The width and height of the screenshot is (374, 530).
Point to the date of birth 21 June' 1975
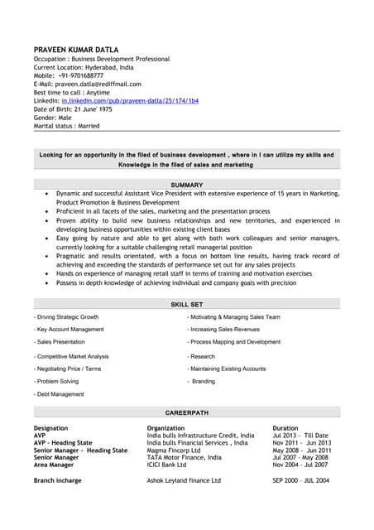pyautogui.click(x=90, y=109)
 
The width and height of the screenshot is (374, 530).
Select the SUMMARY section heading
pyautogui.click(x=186, y=184)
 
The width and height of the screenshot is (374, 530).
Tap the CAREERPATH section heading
pyautogui.click(x=186, y=412)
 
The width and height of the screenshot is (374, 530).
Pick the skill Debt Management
pyautogui.click(x=60, y=394)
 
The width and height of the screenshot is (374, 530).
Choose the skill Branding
pyautogui.click(x=204, y=382)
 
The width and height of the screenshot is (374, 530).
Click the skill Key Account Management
pyautogui.click(x=70, y=330)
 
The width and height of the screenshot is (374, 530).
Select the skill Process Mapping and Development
pyautogui.click(x=235, y=342)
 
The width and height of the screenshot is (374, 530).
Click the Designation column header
pyautogui.click(x=53, y=428)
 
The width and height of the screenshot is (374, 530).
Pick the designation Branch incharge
pyautogui.click(x=58, y=480)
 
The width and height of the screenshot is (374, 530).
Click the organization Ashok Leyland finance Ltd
pyautogui.click(x=184, y=480)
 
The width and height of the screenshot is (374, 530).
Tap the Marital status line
pyautogui.click(x=67, y=126)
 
